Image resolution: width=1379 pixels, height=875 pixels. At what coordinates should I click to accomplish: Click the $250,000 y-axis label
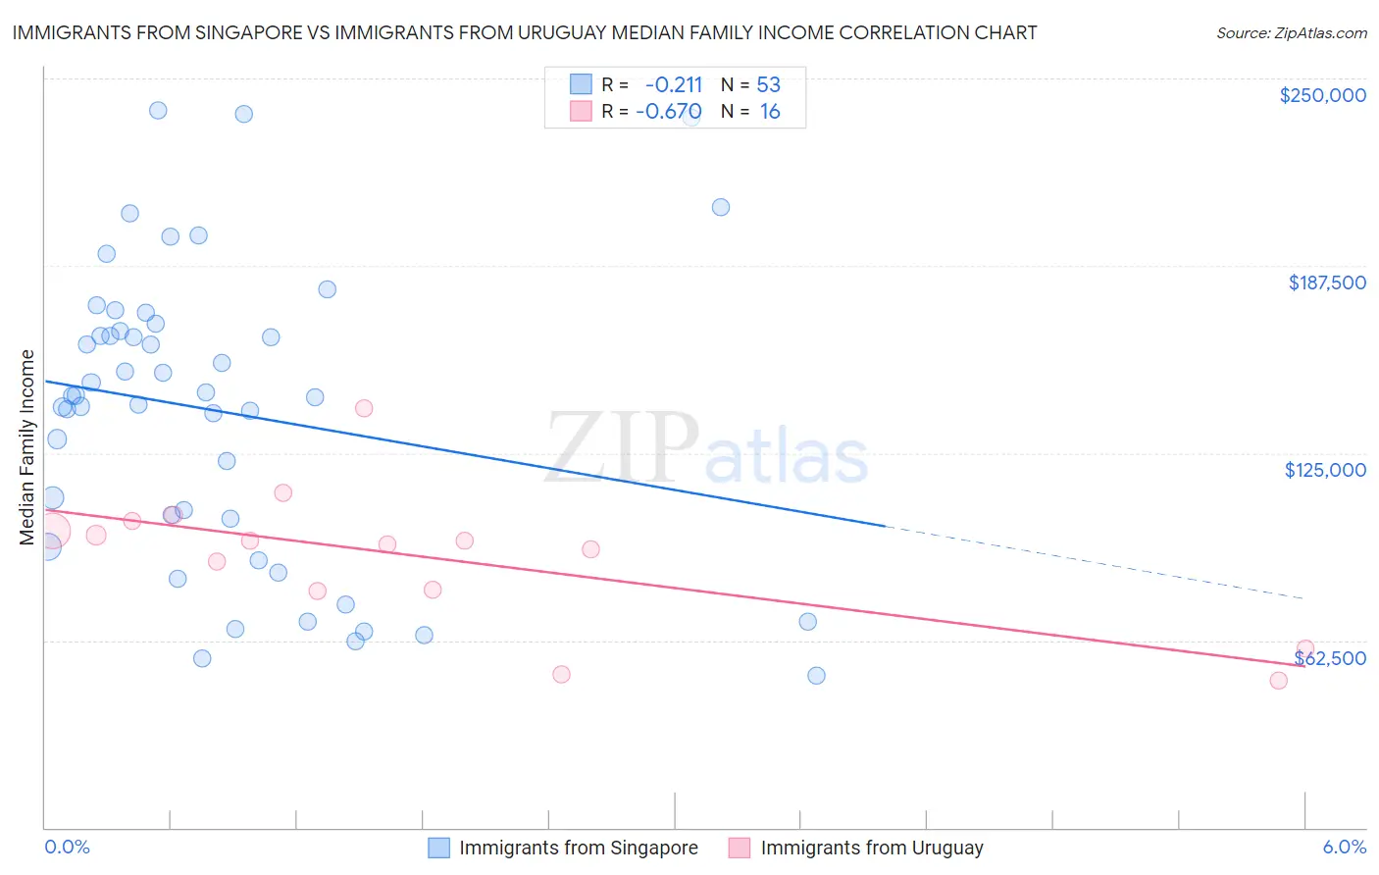[1322, 95]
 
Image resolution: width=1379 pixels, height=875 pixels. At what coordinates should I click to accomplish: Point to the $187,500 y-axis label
[1326, 283]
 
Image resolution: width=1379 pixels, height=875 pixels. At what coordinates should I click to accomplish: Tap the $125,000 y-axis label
[1325, 470]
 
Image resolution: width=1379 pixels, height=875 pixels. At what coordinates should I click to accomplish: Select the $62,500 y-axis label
[1330, 658]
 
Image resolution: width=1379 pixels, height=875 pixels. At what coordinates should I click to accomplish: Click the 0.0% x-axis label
[67, 847]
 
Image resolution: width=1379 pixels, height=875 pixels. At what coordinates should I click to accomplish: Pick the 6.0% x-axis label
[1344, 847]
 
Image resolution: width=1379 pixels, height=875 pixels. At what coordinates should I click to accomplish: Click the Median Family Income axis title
[27, 446]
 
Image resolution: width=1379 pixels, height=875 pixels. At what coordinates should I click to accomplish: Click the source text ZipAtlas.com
[1292, 33]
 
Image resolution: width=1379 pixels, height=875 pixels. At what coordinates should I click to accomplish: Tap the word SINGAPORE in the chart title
[252, 33]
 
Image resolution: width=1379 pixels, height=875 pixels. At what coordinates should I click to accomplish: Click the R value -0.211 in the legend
[674, 85]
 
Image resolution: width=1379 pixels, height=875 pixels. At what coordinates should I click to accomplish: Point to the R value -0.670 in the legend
[669, 112]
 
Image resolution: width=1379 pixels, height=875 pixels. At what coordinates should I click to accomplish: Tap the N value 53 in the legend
[768, 85]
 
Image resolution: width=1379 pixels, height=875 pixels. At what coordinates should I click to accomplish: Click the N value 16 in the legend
[770, 112]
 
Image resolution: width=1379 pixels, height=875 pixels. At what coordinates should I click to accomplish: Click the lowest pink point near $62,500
[1278, 680]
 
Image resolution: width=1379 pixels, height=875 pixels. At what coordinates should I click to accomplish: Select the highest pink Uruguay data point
[364, 408]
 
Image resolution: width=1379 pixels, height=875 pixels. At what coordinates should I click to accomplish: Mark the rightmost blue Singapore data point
[816, 675]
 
